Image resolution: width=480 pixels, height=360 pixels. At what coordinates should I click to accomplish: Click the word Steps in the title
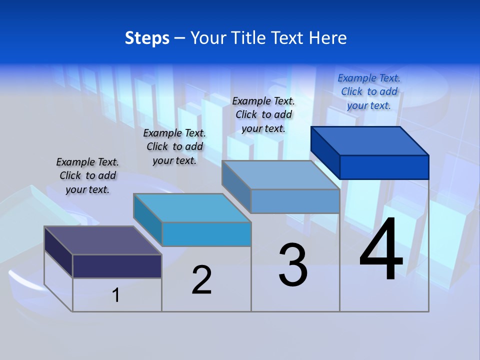pyautogui.click(x=147, y=38)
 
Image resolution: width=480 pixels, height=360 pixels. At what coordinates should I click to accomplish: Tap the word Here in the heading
pyautogui.click(x=328, y=38)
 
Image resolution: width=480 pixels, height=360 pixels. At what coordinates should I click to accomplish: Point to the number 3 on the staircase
pyautogui.click(x=293, y=265)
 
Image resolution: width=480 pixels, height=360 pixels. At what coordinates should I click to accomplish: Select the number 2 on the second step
pyautogui.click(x=202, y=280)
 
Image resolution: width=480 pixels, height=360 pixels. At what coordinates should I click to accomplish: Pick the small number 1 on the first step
pyautogui.click(x=116, y=295)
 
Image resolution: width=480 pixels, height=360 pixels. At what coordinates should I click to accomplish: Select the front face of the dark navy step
pyautogui.click(x=117, y=266)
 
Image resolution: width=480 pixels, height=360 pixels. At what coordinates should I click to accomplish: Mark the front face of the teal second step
pyautogui.click(x=206, y=234)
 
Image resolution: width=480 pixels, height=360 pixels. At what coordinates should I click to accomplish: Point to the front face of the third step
pyautogui.click(x=295, y=201)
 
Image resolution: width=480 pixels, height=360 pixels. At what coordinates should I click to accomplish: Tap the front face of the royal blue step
pyautogui.click(x=384, y=167)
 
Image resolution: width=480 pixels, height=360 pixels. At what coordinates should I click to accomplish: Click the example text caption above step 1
pyautogui.click(x=87, y=175)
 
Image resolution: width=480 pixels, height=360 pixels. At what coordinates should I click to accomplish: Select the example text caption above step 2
pyautogui.click(x=174, y=146)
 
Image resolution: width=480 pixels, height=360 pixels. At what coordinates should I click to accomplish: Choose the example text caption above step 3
pyautogui.click(x=263, y=114)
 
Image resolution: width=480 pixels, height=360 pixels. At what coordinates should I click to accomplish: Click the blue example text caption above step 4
pyautogui.click(x=369, y=91)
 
